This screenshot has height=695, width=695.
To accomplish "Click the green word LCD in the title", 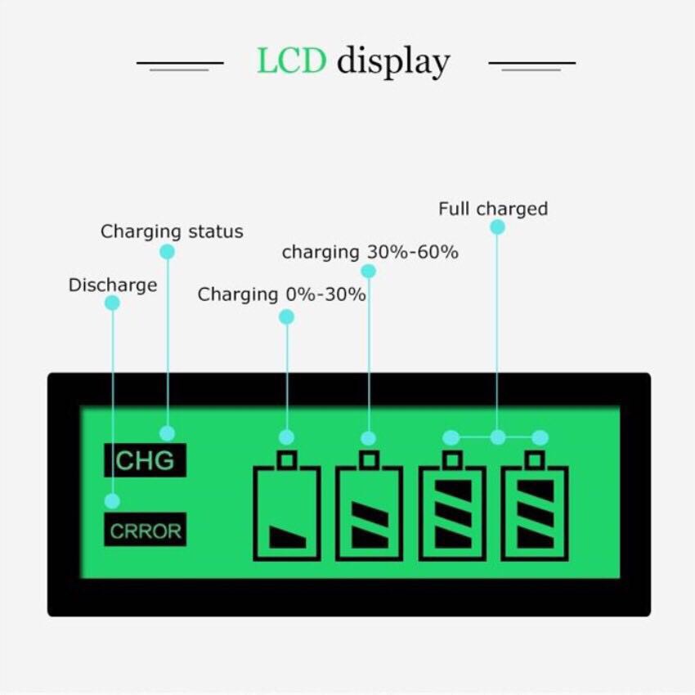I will tap(291, 61).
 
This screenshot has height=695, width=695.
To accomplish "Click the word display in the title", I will tap(393, 63).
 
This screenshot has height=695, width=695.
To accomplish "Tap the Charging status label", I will tap(172, 231).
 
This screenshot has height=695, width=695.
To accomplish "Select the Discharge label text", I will tap(113, 285).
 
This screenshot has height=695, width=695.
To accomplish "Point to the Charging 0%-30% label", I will tap(281, 294).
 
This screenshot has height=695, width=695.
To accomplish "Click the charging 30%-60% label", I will tap(370, 253).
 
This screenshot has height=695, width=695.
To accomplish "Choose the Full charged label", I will tap(492, 208).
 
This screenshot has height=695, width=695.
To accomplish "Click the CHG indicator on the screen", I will tap(145, 460).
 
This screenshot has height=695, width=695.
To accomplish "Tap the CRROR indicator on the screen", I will tap(146, 531).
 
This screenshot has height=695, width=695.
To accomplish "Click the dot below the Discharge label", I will tap(113, 303).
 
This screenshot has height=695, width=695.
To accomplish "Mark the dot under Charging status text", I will tap(168, 252).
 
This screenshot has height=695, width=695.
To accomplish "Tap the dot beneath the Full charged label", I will tap(497, 227).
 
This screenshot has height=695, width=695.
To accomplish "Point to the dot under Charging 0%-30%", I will tap(286, 316).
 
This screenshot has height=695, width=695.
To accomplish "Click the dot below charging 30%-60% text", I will tap(369, 271).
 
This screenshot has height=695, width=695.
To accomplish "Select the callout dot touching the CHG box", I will tap(168, 433).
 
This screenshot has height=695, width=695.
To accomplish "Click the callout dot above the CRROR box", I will tap(113, 500).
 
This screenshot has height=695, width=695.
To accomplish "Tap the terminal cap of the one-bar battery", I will tap(286, 460).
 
